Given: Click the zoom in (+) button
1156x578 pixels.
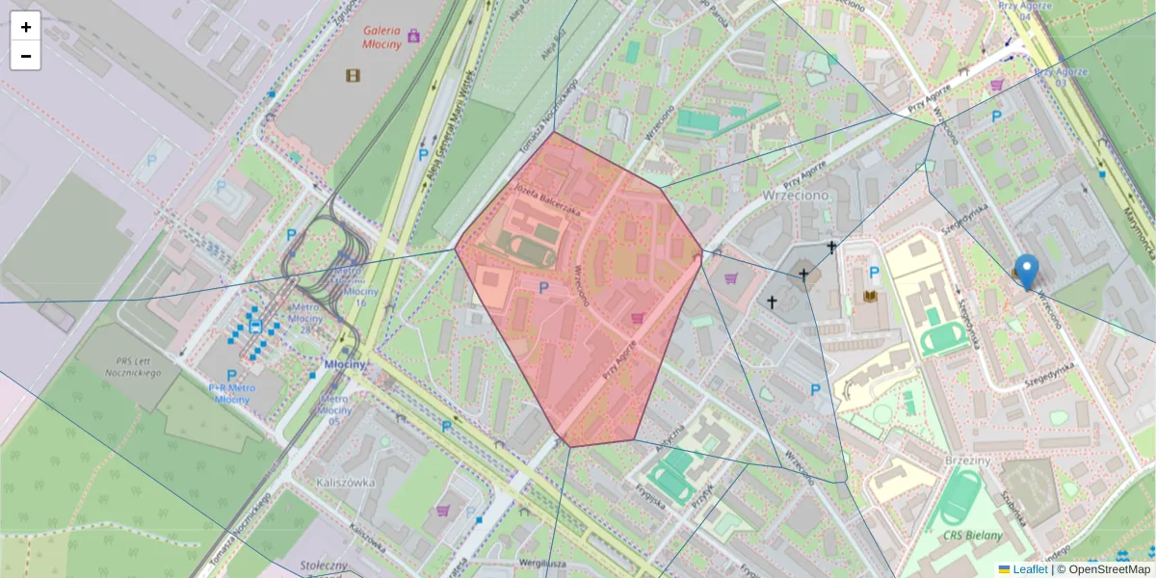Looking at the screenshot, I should pyautogui.click(x=26, y=27).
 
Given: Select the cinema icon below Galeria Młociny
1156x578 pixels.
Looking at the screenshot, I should pyautogui.click(x=353, y=75).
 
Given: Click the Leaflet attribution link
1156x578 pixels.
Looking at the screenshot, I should pyautogui.click(x=1030, y=569).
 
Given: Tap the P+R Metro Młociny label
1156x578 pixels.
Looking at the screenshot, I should pyautogui.click(x=230, y=393).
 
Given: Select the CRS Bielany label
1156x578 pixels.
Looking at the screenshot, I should pyautogui.click(x=973, y=536).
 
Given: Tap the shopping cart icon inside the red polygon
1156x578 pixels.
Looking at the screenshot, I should pyautogui.click(x=636, y=317).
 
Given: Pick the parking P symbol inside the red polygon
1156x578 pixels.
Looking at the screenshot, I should pyautogui.click(x=543, y=287).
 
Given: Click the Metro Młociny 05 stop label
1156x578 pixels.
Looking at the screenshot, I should pyautogui.click(x=333, y=409).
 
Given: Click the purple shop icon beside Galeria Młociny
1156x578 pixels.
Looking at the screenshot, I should pyautogui.click(x=414, y=36).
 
